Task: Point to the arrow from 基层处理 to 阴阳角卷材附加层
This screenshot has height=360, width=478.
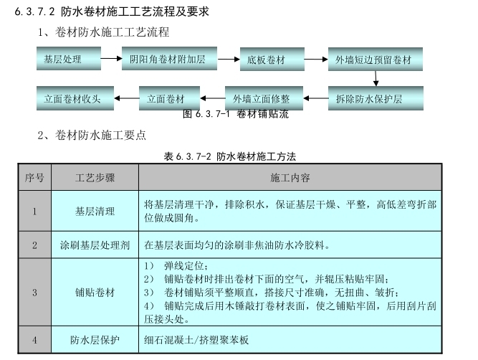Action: (110, 59)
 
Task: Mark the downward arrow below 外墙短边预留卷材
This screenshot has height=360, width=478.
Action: (373, 78)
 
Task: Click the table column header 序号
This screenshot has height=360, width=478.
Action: (34, 177)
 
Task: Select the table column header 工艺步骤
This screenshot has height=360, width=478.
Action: (95, 177)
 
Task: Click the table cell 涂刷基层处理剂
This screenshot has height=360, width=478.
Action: (95, 245)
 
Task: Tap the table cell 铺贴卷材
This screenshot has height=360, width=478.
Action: (95, 293)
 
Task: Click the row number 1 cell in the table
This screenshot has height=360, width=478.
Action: (34, 211)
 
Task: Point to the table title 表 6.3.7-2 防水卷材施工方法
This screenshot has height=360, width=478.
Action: (230, 156)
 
